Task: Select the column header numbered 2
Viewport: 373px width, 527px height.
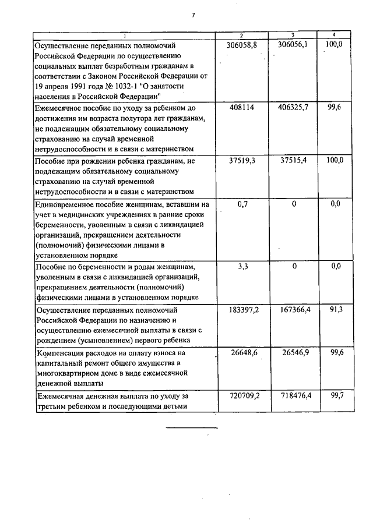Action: [242, 36]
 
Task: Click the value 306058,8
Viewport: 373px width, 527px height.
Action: [242, 45]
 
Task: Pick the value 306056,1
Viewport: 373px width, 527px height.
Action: [293, 45]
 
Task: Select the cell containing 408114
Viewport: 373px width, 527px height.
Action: [242, 108]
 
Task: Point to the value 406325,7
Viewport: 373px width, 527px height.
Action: [293, 108]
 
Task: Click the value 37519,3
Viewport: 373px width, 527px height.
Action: [242, 161]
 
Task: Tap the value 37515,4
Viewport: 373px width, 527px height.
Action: [293, 161]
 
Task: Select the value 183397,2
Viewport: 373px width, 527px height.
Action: [242, 309]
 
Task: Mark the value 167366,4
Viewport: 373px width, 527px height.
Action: [293, 309]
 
